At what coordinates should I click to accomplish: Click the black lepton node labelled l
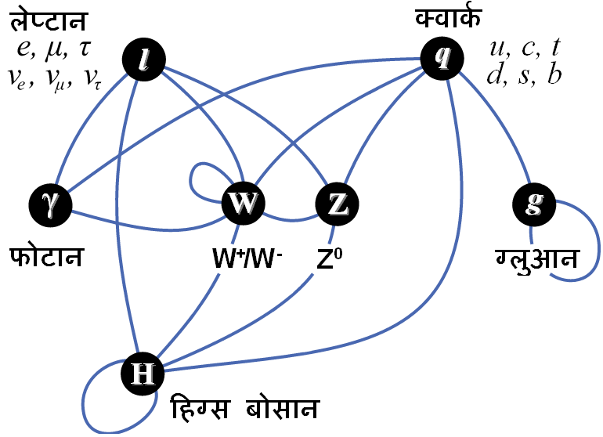click(144, 60)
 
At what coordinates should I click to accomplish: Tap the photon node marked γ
click(50, 204)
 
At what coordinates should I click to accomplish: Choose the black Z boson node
click(337, 204)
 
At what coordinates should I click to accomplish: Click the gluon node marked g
click(534, 204)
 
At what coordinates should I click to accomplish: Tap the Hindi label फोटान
click(46, 256)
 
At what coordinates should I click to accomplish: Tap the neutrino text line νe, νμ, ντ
click(55, 78)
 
